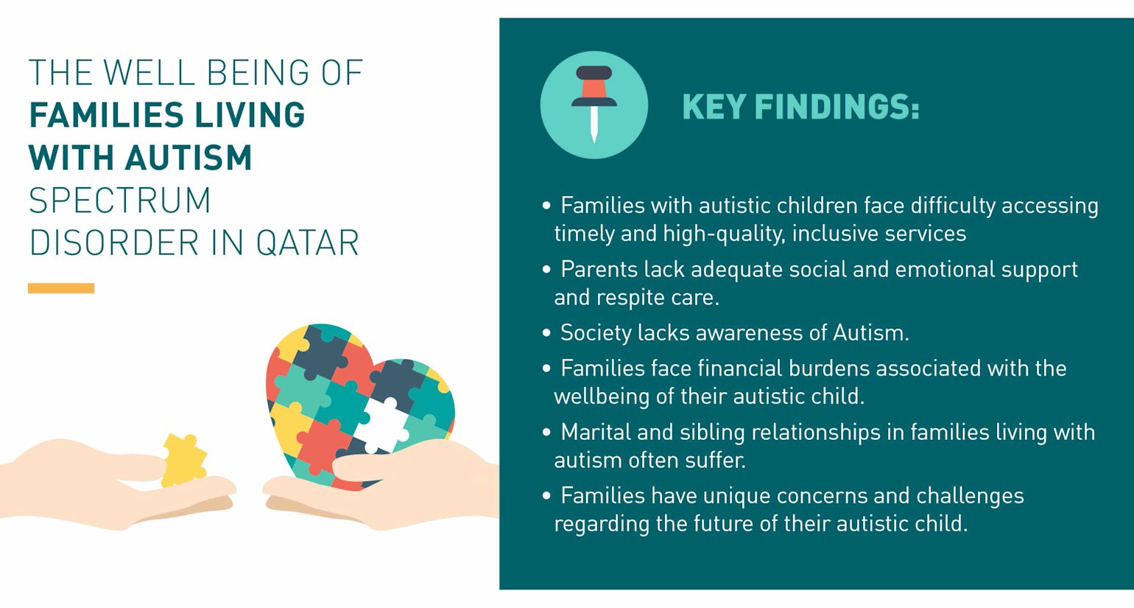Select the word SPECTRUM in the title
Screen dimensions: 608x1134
pyautogui.click(x=120, y=200)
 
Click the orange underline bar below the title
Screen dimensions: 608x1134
pyautogui.click(x=61, y=288)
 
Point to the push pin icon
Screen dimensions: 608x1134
pyautogui.click(x=594, y=103)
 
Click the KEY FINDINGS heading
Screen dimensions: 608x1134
pyautogui.click(x=800, y=107)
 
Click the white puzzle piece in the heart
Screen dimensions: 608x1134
pyautogui.click(x=384, y=422)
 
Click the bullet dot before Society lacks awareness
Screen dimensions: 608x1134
pyautogui.click(x=546, y=333)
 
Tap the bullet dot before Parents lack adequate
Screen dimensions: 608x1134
pyautogui.click(x=546, y=270)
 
